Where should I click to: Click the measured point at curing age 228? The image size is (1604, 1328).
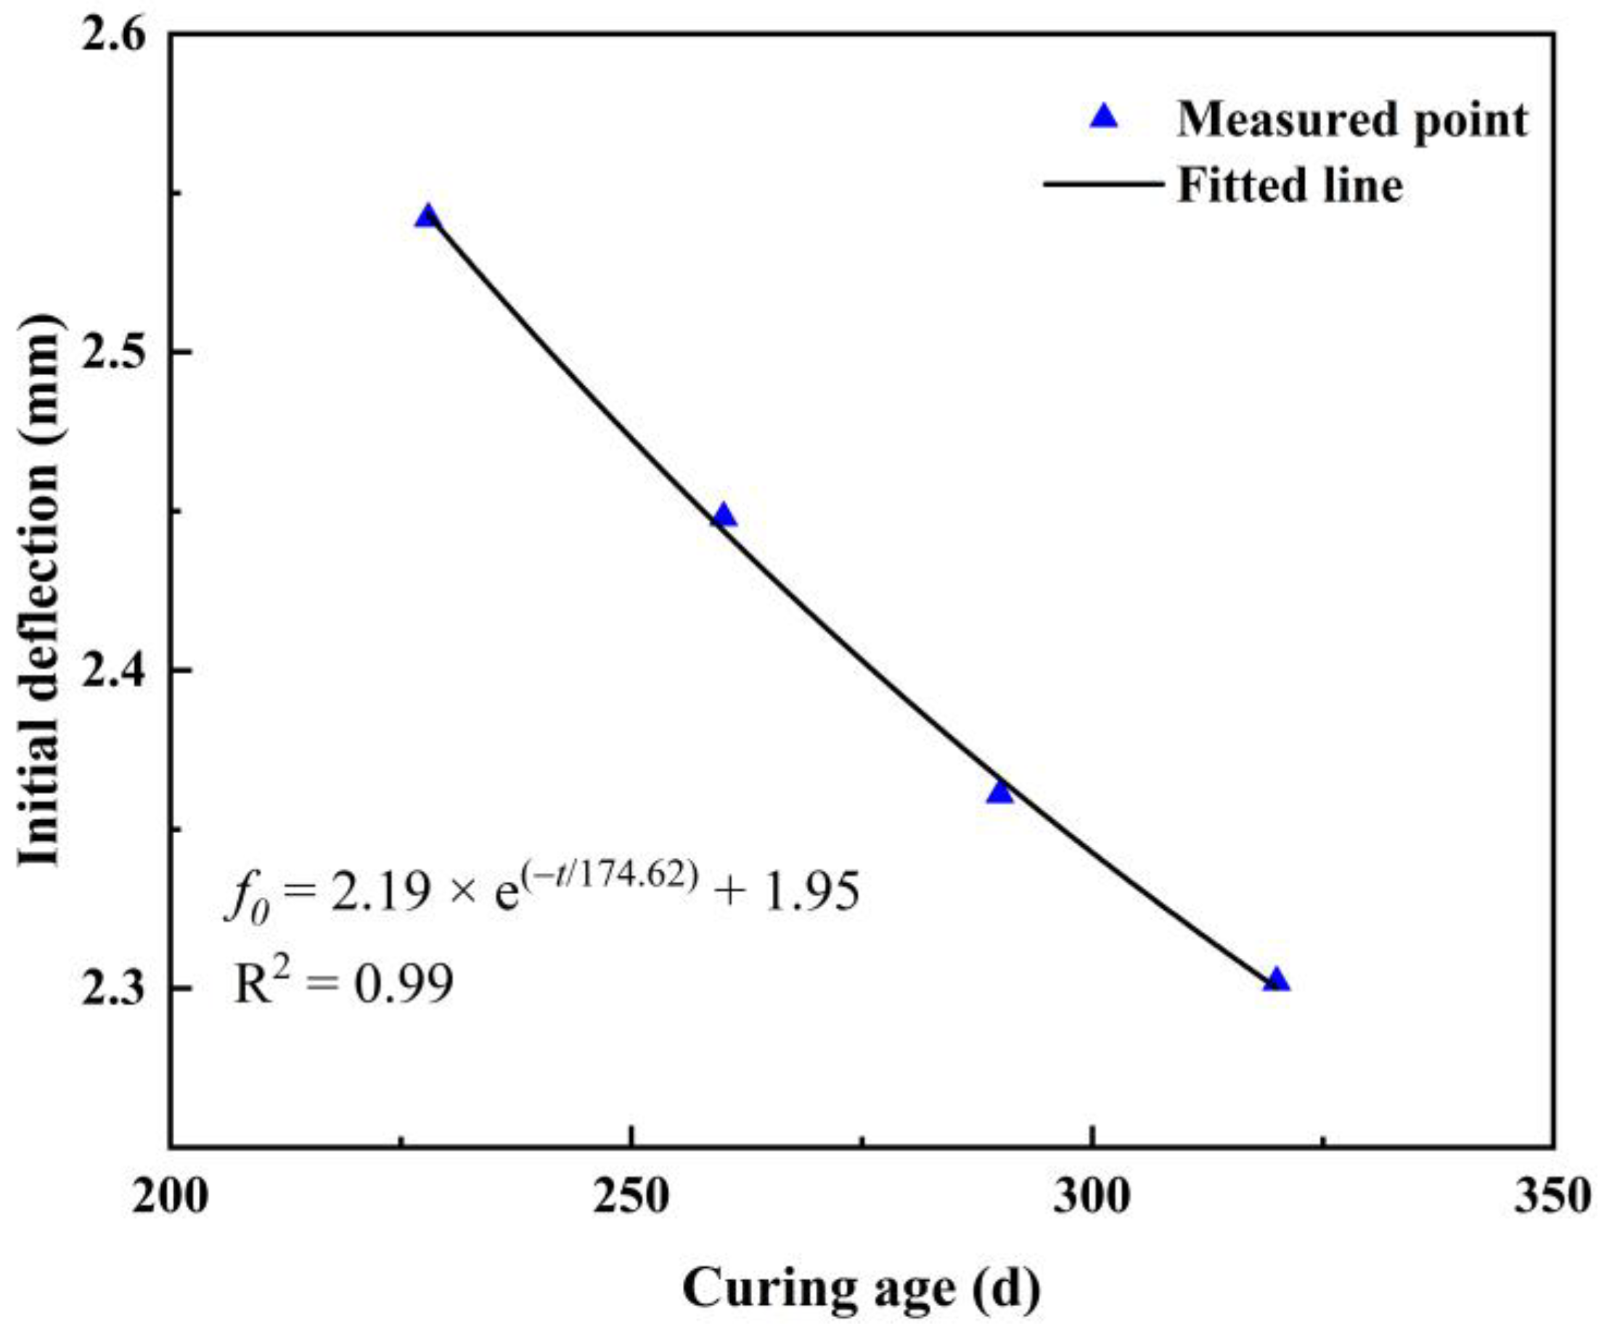pyautogui.click(x=427, y=217)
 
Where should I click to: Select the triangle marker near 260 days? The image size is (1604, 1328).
pyautogui.click(x=724, y=516)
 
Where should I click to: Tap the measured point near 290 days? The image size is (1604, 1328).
pyautogui.click(x=999, y=792)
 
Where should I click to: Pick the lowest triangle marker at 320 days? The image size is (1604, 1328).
pyautogui.click(x=1275, y=980)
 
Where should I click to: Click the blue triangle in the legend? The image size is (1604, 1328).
pyautogui.click(x=1103, y=117)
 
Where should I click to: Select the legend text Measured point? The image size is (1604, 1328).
pyautogui.click(x=1352, y=120)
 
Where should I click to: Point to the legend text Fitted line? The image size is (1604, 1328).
pyautogui.click(x=1289, y=186)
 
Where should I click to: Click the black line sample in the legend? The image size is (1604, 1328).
pyautogui.click(x=1103, y=184)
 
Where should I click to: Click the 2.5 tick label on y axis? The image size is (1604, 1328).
pyautogui.click(x=115, y=353)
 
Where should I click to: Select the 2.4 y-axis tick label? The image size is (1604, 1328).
pyautogui.click(x=115, y=671)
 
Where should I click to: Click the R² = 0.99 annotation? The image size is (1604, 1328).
pyautogui.click(x=343, y=983)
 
